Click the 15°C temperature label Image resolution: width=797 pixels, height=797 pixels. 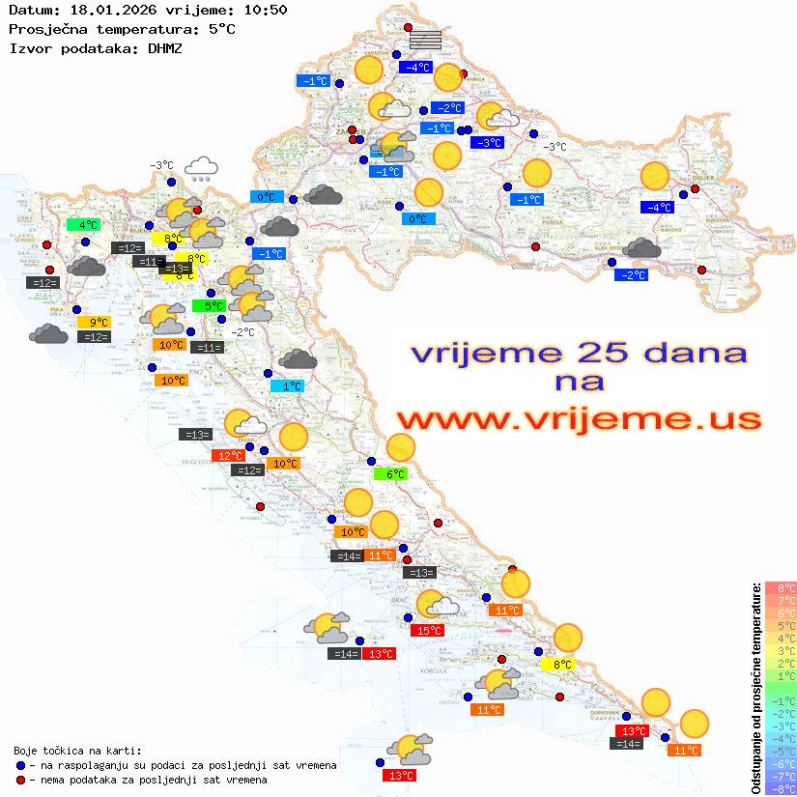pos(428,631)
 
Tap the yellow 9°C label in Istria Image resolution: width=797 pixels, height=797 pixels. pos(98,323)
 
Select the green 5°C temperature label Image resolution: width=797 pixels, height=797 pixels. pos(213,306)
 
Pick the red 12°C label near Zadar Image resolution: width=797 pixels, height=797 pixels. pos(229,456)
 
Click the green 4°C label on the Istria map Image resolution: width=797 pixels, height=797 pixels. pos(82,225)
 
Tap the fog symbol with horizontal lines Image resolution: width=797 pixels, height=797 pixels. pos(425,40)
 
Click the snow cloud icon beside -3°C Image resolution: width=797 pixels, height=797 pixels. pos(201,169)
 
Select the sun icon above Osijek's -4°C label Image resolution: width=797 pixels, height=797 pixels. pos(655,176)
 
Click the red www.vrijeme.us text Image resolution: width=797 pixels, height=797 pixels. pos(579,419)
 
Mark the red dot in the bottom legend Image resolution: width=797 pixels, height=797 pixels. pos(21,779)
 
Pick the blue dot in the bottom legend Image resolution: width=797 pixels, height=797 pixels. pos(21,765)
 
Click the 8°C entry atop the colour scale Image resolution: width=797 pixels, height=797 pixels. pos(780,587)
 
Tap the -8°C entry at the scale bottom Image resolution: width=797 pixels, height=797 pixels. pos(780,788)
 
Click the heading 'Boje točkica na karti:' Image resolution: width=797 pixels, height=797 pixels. pos(77,750)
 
